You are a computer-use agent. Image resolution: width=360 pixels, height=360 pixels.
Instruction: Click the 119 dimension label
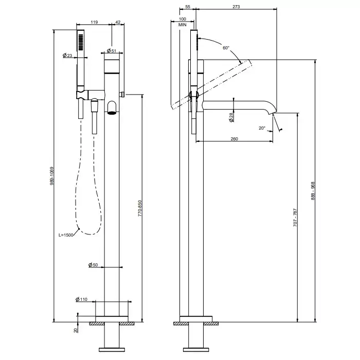[94, 22]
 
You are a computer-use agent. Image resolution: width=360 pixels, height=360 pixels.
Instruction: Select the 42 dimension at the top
[118, 22]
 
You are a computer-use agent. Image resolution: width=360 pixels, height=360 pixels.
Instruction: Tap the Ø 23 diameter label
[67, 55]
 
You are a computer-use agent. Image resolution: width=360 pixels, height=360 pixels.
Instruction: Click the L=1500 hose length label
[65, 235]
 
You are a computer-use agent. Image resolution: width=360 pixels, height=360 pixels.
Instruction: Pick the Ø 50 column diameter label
[93, 264]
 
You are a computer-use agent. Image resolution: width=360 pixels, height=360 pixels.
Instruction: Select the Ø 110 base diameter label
[82, 299]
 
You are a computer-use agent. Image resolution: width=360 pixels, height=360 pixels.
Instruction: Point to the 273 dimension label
[236, 7]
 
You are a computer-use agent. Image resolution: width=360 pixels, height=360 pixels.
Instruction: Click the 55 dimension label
[187, 7]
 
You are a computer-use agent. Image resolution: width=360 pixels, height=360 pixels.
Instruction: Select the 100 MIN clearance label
[183, 22]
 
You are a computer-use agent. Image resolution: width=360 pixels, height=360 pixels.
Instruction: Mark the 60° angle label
[226, 48]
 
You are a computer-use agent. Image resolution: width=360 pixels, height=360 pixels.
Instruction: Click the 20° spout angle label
[262, 128]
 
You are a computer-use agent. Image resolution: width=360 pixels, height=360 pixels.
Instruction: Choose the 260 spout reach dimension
[234, 138]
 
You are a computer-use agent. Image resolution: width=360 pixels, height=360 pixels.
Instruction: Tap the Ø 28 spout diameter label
[231, 117]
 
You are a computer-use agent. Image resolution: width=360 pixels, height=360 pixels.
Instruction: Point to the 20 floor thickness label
[75, 330]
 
